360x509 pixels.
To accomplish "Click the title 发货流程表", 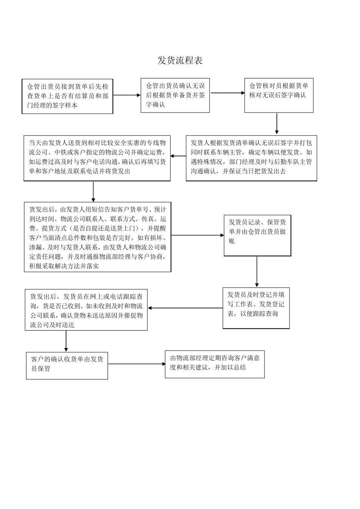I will [180, 60].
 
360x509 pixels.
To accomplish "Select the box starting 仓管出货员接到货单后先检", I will [67, 96].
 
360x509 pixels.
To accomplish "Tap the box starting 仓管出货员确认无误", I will [175, 95].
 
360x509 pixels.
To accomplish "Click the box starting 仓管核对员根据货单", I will [279, 95].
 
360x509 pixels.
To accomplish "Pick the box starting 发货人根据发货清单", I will [251, 158].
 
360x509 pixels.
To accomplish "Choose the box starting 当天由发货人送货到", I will [97, 158].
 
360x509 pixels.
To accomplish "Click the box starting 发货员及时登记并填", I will [256, 308].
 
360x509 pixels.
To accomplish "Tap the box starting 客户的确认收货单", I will [67, 365].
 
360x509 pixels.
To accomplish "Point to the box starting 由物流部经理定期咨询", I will [214, 364].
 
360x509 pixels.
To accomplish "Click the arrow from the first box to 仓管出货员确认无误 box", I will [127, 95].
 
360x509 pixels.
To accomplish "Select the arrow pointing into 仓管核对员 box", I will [227, 93].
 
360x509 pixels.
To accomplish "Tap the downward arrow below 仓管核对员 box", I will [277, 124].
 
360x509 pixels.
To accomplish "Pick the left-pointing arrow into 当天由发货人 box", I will [178, 156].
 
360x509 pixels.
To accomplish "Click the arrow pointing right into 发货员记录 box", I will [197, 235].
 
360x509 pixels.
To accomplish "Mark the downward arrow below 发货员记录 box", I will [257, 272].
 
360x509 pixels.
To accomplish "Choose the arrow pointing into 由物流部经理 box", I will [136, 364].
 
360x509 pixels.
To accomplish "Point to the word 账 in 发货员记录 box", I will [232, 241].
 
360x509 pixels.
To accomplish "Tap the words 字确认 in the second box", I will [156, 105].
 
